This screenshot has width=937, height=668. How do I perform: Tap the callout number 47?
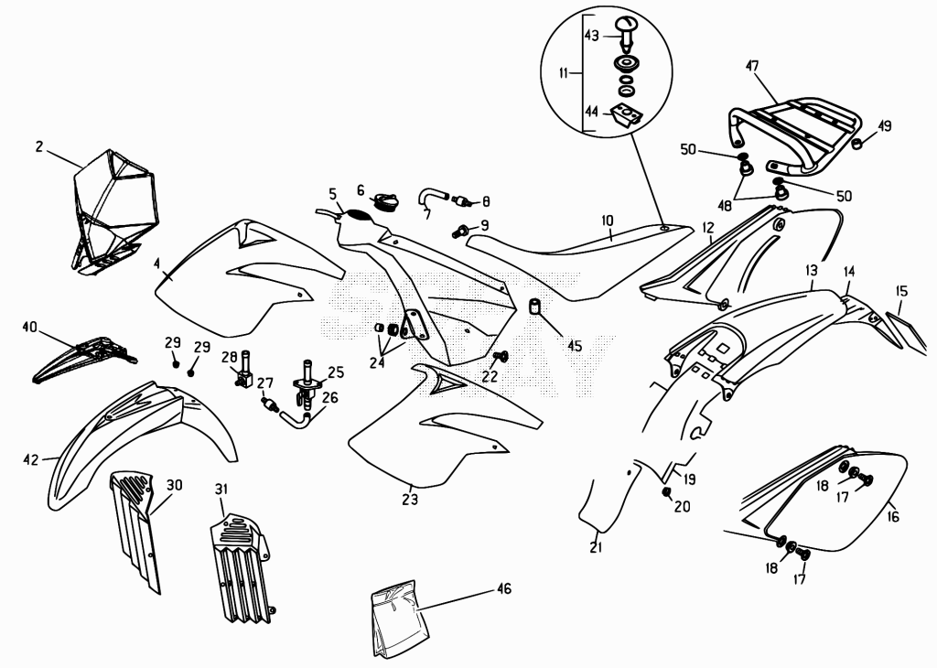click(x=752, y=65)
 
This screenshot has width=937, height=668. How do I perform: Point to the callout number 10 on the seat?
click(x=608, y=221)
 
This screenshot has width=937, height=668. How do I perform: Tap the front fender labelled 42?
click(x=140, y=442)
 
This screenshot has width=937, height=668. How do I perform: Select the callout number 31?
click(x=221, y=490)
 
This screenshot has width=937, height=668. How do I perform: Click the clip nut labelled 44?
click(x=626, y=113)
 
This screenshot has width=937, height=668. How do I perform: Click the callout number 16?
click(x=893, y=515)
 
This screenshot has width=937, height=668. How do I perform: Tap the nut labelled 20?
click(x=666, y=491)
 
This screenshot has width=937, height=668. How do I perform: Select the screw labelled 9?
click(x=461, y=231)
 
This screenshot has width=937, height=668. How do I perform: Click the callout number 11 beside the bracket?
click(x=564, y=73)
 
